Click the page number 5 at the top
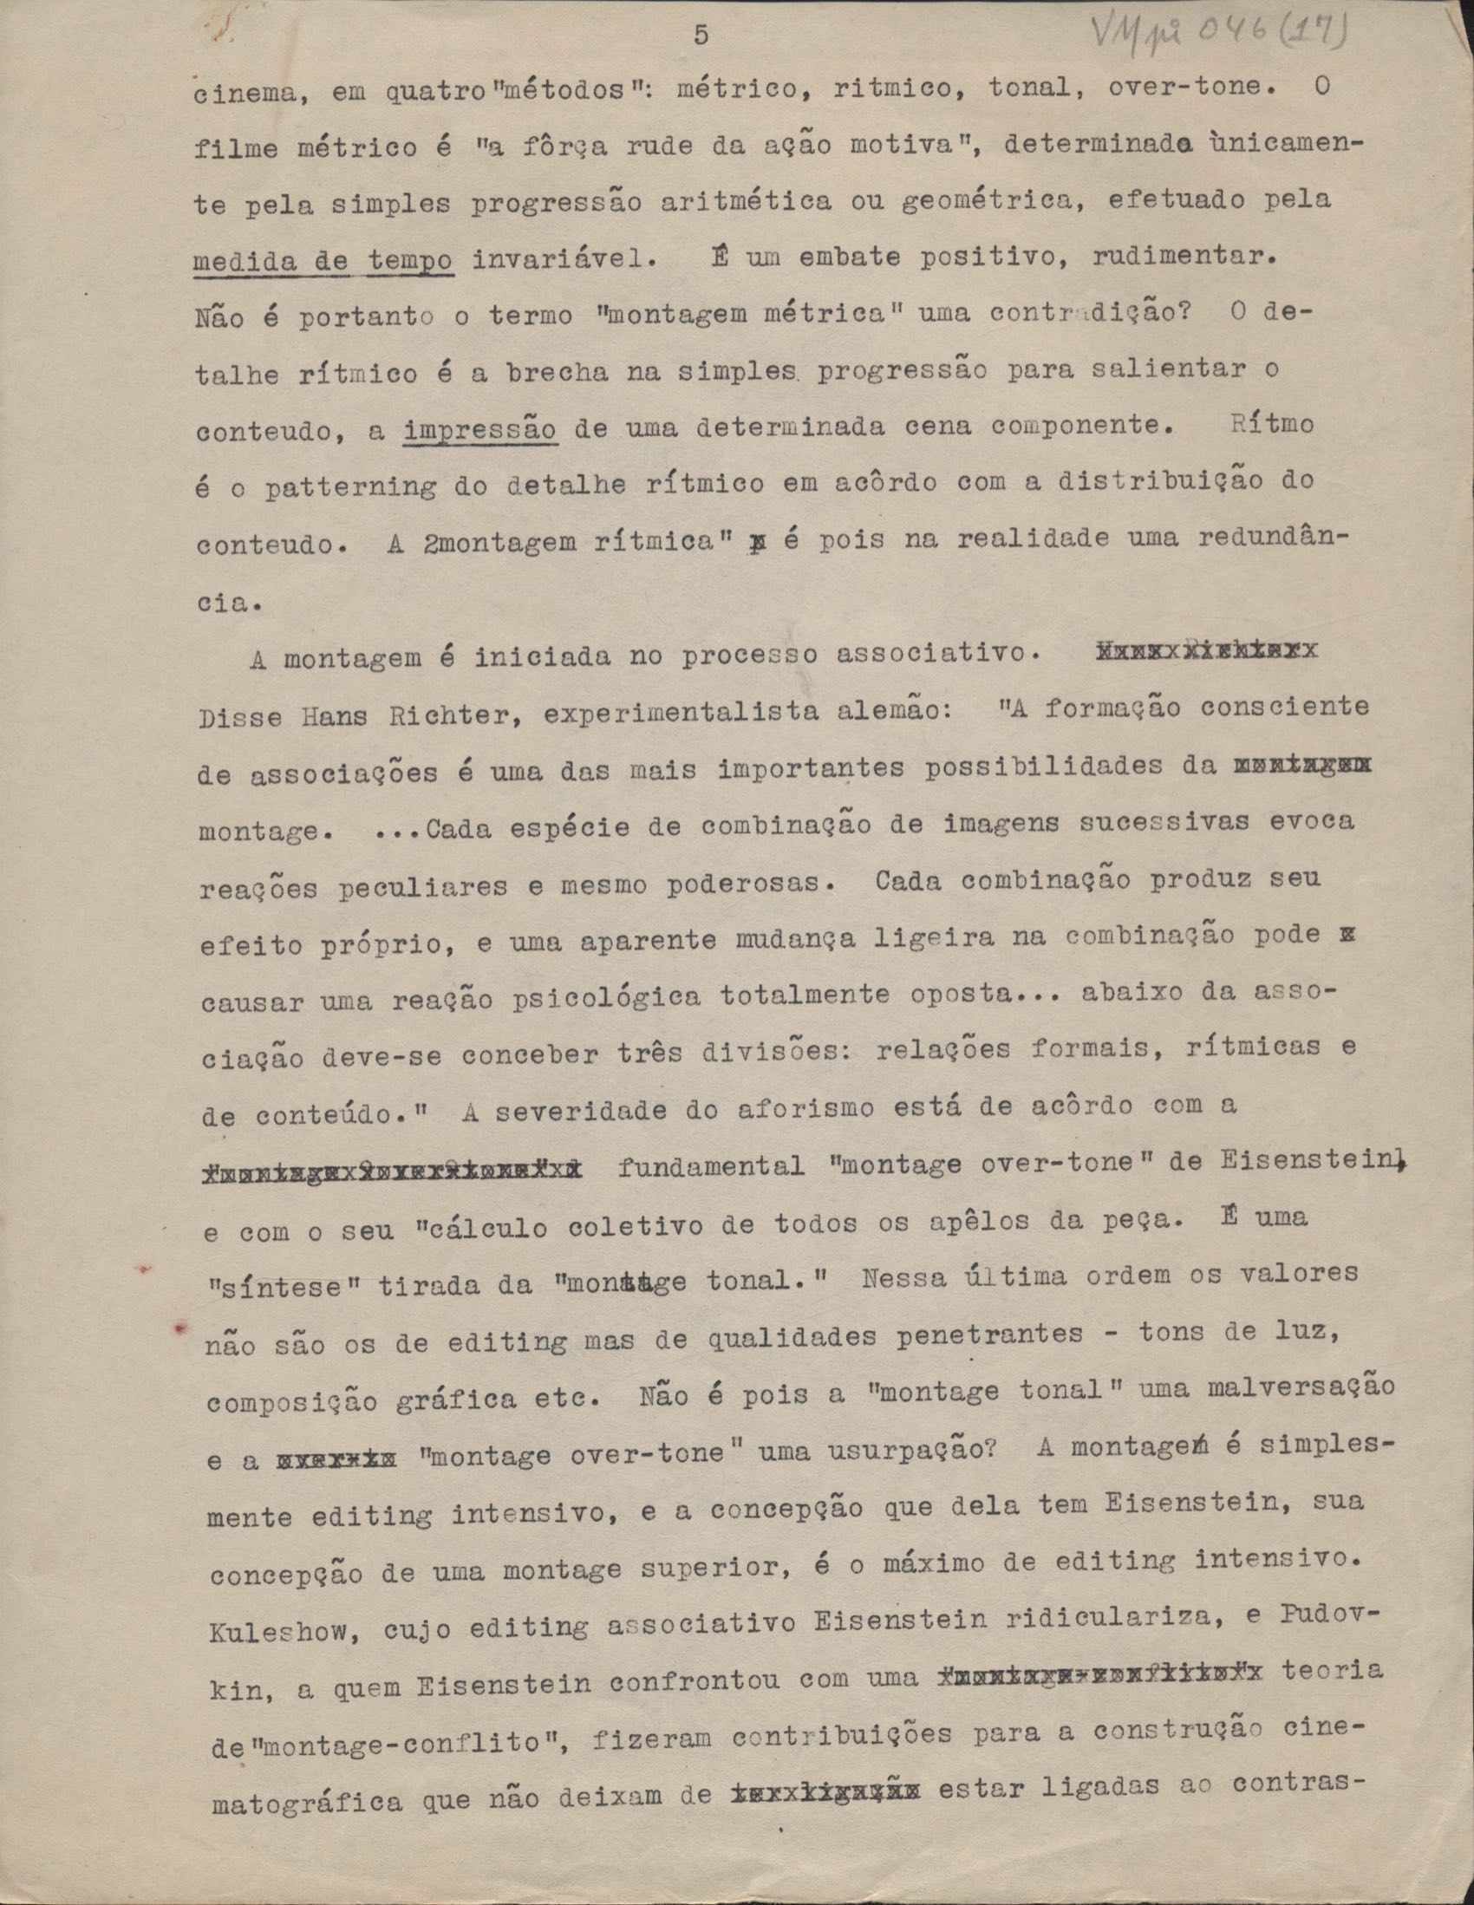[x=701, y=36]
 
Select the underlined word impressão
[x=480, y=430]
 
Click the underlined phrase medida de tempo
[x=323, y=260]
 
